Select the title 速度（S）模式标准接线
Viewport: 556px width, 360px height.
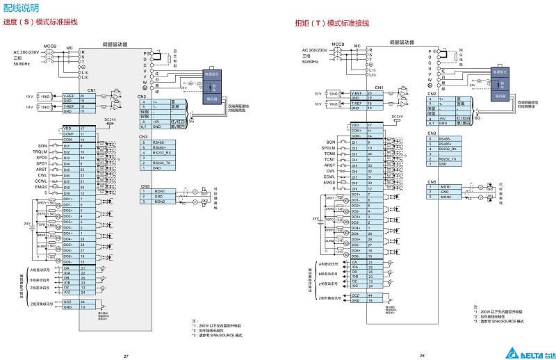pyautogui.click(x=40, y=22)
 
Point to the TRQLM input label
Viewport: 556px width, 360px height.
pyautogui.click(x=40, y=152)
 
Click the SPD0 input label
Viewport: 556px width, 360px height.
pyautogui.click(x=42, y=158)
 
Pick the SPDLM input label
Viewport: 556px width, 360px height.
pyautogui.click(x=328, y=147)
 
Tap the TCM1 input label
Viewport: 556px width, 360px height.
pyautogui.click(x=329, y=159)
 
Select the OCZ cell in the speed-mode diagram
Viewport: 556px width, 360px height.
pyautogui.click(x=67, y=302)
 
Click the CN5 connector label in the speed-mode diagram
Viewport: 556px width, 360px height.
pyautogui.click(x=145, y=186)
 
